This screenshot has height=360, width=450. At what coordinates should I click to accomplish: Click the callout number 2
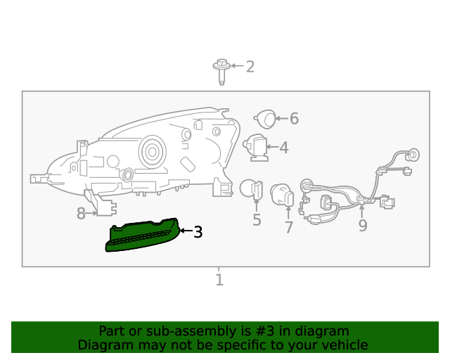[250, 67]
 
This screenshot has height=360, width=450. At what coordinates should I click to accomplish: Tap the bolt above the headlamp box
[221, 72]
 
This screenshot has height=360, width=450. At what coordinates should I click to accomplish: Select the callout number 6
[294, 118]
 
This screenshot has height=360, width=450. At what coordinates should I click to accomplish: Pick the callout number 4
[284, 148]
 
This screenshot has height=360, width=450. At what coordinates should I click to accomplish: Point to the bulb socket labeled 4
[255, 148]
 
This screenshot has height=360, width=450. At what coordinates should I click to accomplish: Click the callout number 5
[257, 220]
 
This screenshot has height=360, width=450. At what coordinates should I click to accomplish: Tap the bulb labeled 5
[252, 190]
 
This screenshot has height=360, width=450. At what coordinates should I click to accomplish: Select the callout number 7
[289, 227]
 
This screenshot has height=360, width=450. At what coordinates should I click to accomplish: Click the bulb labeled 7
[282, 195]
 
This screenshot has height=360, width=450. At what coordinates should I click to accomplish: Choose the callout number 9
[363, 226]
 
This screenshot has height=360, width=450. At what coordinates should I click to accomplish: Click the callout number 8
[81, 214]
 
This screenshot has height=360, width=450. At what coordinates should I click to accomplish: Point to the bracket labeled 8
[101, 202]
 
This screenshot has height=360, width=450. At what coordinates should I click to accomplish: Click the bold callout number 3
[198, 231]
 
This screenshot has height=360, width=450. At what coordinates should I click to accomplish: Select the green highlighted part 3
[142, 235]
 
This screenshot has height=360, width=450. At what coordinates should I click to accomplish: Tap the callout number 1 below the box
[219, 280]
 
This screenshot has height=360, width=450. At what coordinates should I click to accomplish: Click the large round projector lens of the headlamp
[153, 152]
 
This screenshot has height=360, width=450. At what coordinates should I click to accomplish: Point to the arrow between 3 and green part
[186, 231]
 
